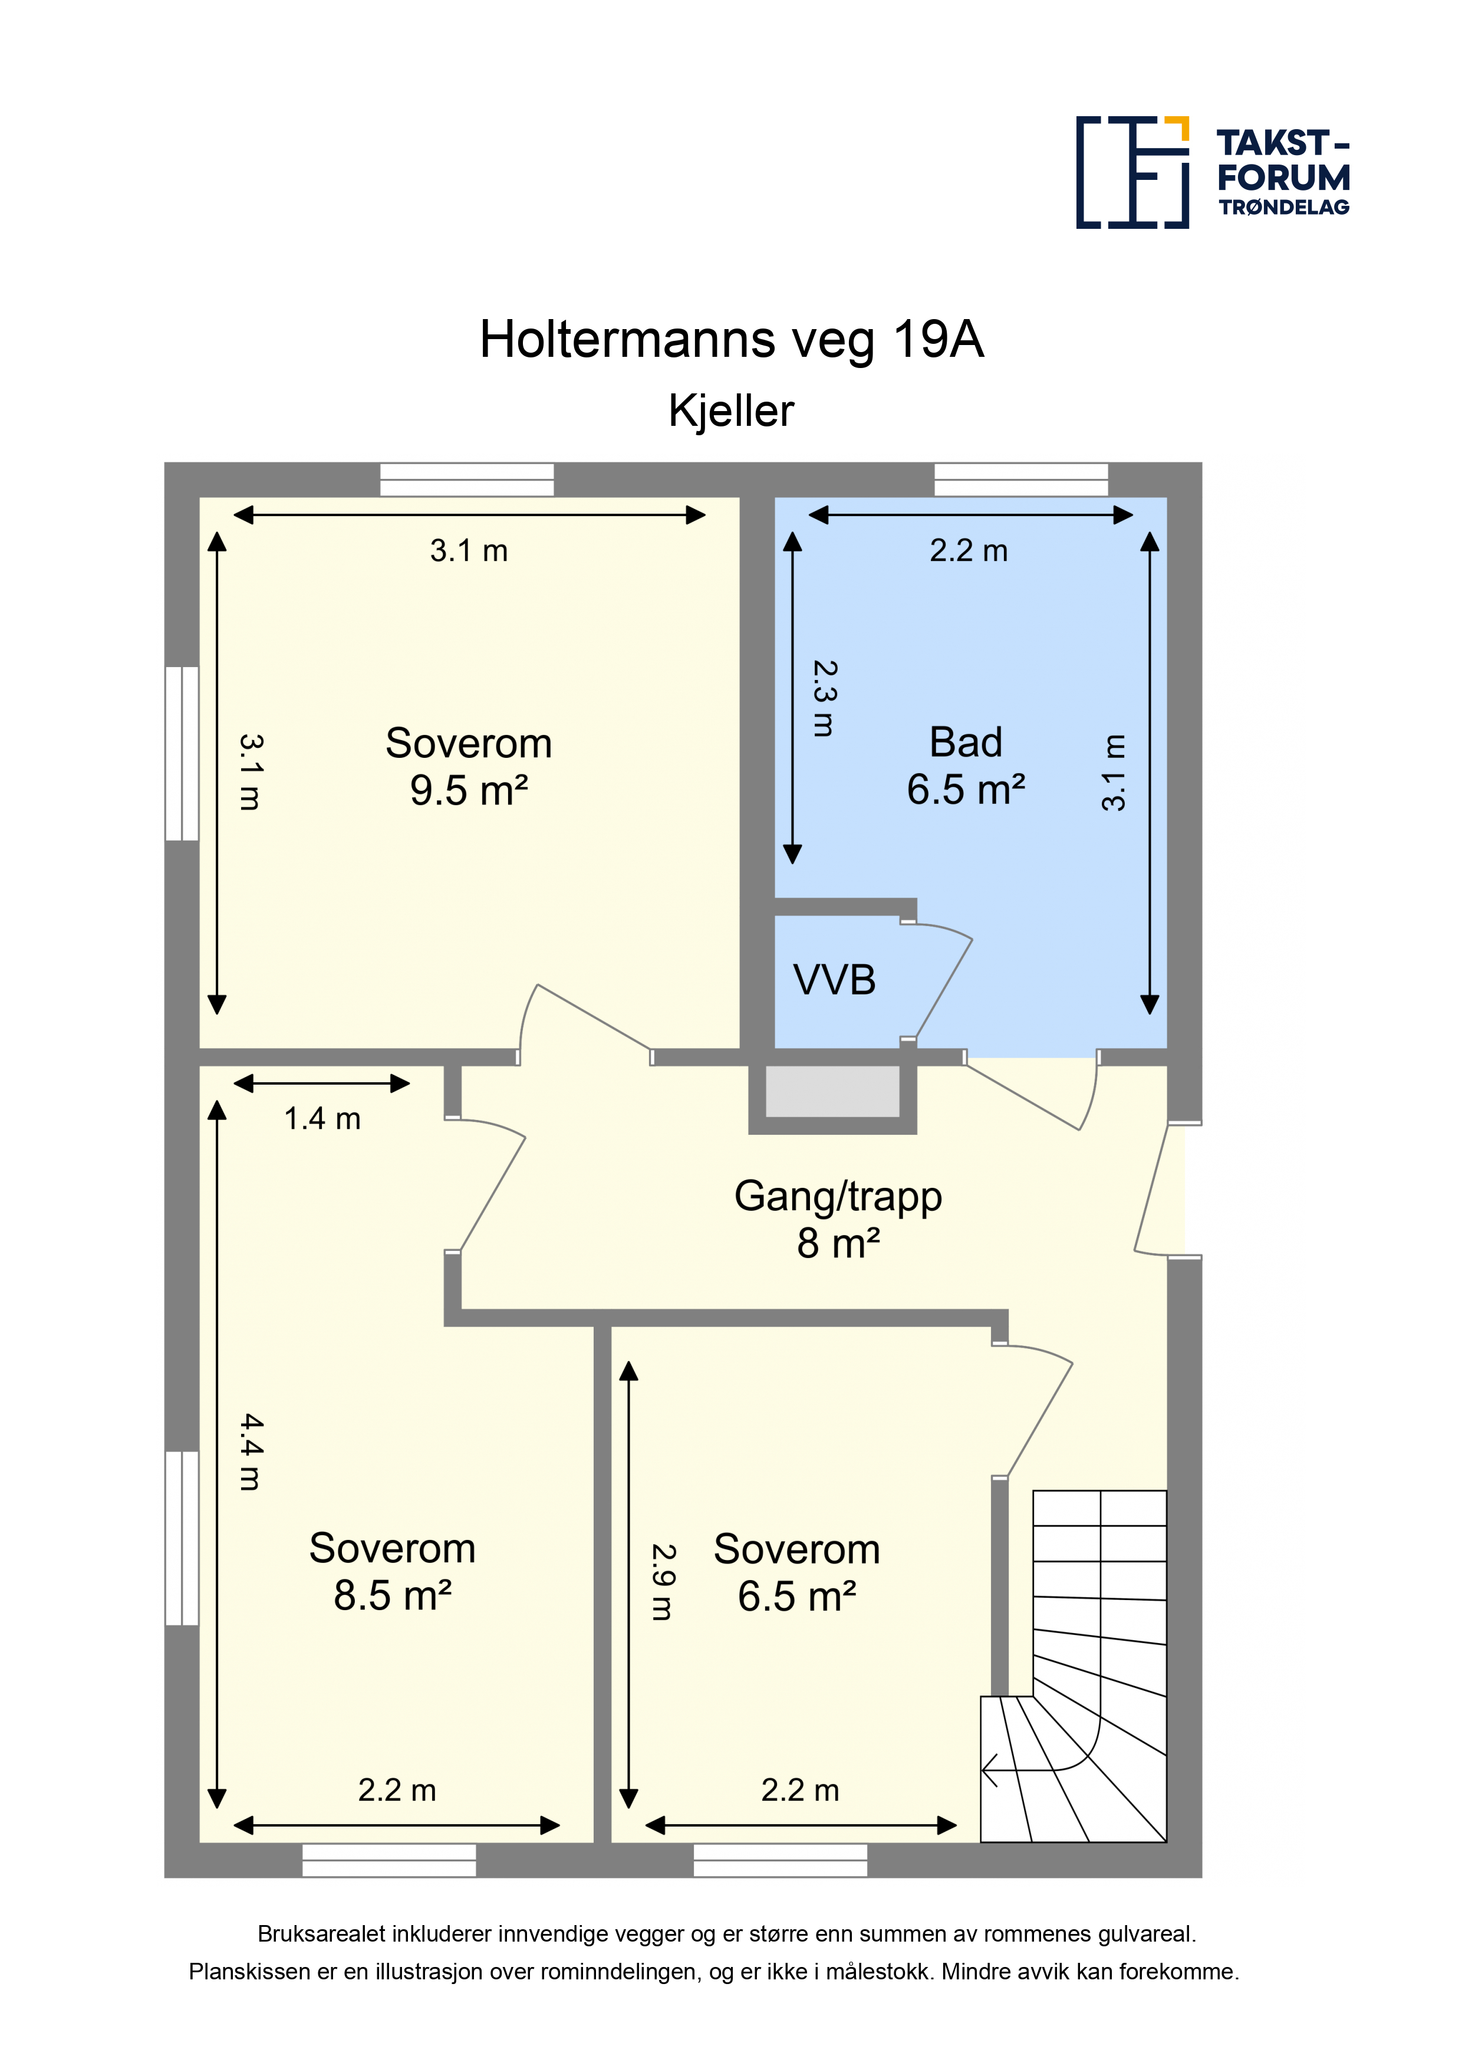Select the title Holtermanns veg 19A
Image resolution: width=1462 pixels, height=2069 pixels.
(732, 340)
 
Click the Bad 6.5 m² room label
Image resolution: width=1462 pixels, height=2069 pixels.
(966, 766)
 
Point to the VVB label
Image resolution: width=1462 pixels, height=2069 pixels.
(834, 980)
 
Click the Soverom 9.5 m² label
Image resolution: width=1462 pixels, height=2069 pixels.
(469, 767)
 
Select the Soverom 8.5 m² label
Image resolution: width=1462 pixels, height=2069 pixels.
(392, 1572)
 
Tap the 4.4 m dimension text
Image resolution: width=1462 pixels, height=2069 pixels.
(251, 1451)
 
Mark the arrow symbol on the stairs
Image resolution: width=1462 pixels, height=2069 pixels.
(990, 1770)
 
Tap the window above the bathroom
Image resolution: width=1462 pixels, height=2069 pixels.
(1020, 480)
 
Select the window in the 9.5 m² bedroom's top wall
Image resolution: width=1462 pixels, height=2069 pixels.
(467, 480)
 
